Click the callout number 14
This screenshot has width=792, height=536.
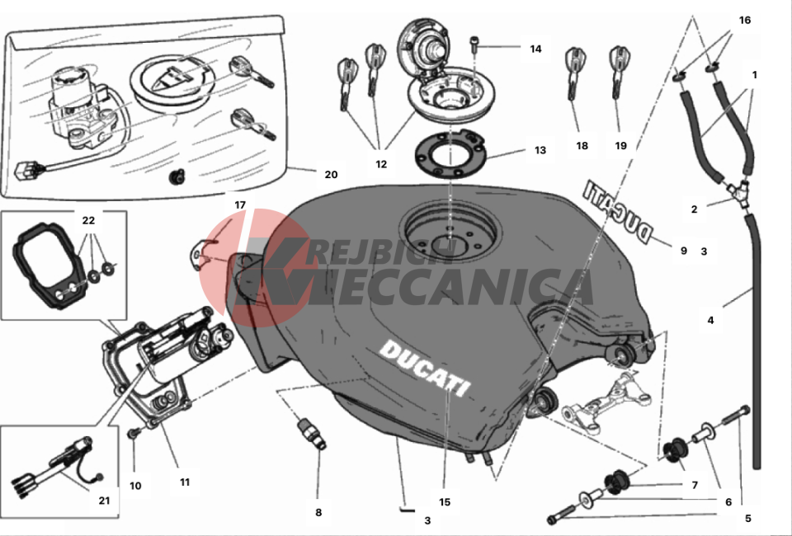click(535, 49)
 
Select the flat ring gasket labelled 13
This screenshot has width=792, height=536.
click(449, 154)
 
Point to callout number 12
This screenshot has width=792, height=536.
click(381, 164)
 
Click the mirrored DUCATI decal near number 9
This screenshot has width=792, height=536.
click(618, 211)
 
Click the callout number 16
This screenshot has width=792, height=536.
click(744, 20)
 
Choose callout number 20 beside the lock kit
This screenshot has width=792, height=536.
click(331, 175)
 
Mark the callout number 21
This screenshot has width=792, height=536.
click(104, 501)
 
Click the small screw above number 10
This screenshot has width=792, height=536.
click(134, 433)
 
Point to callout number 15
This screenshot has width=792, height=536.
click(445, 502)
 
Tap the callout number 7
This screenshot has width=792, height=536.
click(695, 485)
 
